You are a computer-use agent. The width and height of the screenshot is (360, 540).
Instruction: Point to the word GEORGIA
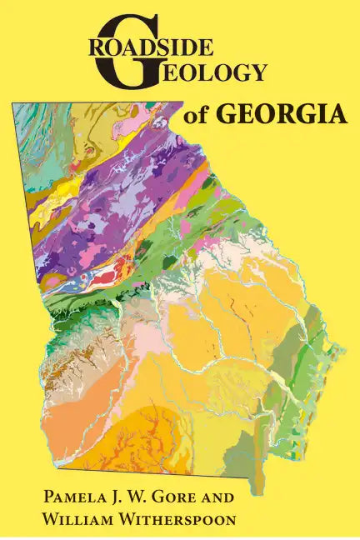281,114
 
